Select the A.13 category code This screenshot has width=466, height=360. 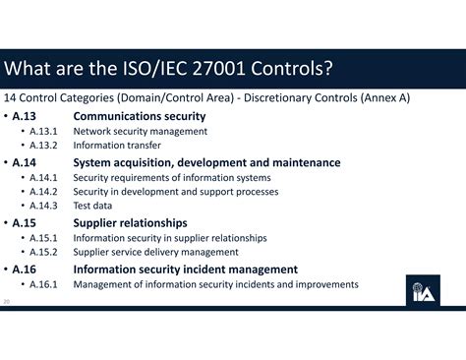click(x=27, y=116)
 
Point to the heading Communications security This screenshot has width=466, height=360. click(x=140, y=116)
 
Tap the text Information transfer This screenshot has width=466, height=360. click(x=117, y=146)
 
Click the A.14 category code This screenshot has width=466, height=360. click(x=27, y=162)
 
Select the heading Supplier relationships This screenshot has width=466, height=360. click(x=130, y=223)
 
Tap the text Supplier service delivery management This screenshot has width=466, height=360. click(x=155, y=252)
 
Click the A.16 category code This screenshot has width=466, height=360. click(x=27, y=270)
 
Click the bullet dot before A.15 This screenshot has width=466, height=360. click(x=7, y=223)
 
